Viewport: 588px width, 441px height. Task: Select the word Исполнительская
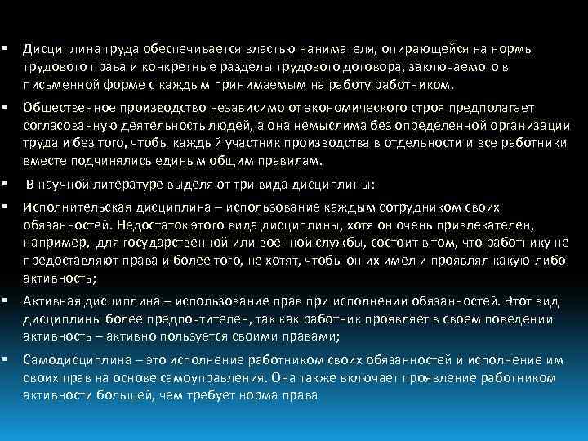[73, 207]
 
